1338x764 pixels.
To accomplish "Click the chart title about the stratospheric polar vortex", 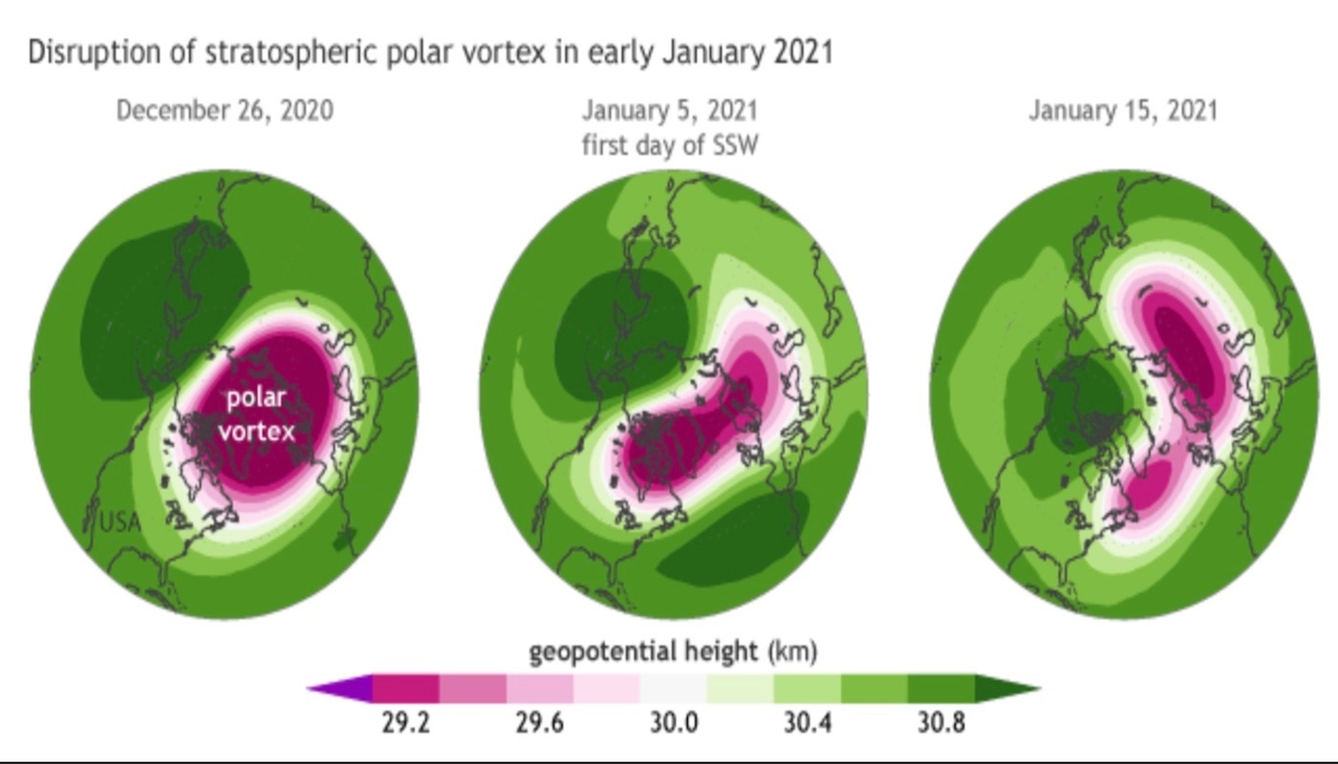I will (430, 52).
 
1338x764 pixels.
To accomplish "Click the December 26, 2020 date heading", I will (225, 111).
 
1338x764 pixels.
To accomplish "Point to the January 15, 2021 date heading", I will (1123, 111).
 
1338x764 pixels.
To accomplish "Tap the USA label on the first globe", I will (120, 522).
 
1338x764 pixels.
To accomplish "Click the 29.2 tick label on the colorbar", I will (405, 723).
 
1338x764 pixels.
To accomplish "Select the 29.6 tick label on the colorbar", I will (540, 723).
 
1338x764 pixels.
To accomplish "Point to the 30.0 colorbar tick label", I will (674, 723).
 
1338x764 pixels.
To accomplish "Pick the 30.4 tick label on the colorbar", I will (808, 723).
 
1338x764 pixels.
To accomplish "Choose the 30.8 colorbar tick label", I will (941, 723).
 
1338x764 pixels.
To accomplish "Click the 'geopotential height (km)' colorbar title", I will (673, 652).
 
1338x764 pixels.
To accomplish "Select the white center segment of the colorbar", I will (673, 688).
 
